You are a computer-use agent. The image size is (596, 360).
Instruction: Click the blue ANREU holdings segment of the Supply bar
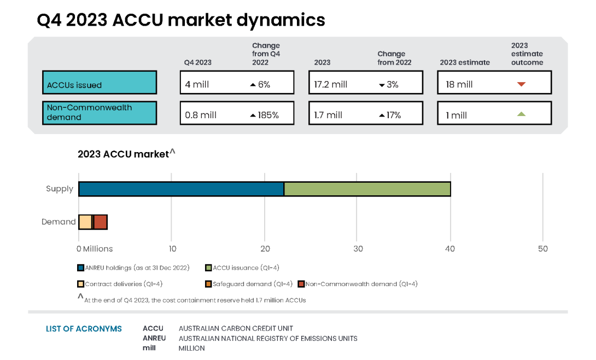(181, 189)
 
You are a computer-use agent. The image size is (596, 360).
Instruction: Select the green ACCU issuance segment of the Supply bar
(367, 189)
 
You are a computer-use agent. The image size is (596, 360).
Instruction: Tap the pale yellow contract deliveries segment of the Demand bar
(85, 222)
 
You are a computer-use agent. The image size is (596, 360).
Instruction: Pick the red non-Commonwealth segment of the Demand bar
(101, 222)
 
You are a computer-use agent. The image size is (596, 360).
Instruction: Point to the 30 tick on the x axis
(358, 249)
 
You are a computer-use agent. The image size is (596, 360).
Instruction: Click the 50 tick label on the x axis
(542, 249)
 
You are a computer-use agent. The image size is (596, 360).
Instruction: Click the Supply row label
(60, 189)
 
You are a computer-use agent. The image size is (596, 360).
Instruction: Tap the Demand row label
(59, 222)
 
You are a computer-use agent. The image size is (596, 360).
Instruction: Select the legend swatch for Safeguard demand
(209, 284)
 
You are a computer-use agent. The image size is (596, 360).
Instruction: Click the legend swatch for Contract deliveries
(81, 284)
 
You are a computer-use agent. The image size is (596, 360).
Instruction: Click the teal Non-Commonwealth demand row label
(100, 113)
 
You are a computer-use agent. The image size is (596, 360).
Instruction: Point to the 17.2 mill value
(331, 85)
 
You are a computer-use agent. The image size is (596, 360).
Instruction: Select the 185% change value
(265, 115)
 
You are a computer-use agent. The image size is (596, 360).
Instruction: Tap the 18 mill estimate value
(459, 85)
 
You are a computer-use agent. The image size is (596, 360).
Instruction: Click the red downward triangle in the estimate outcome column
(521, 84)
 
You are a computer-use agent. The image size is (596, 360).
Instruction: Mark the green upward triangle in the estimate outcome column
(521, 114)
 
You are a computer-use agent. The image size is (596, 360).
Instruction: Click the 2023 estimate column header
(465, 62)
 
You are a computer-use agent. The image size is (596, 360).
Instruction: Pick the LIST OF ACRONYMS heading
(84, 329)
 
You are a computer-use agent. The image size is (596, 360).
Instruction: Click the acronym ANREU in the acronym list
(154, 338)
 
